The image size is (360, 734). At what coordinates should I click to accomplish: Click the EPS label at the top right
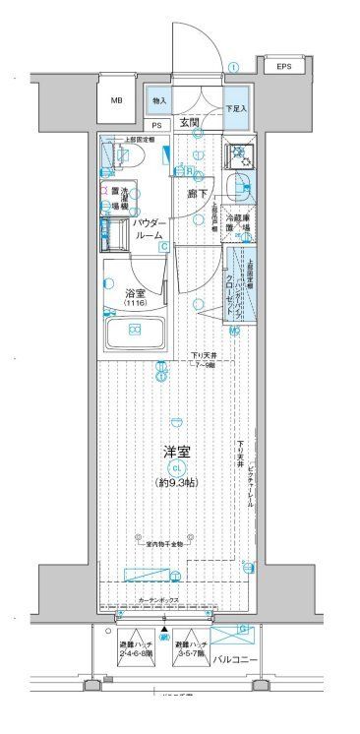point(283,67)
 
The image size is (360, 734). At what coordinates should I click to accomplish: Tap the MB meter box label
point(117,100)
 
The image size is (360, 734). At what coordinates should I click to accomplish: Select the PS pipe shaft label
point(156,125)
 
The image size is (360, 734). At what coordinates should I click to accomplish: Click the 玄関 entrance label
point(190,122)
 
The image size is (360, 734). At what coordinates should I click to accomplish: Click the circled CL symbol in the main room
point(177,468)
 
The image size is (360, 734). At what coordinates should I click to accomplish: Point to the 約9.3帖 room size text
point(177,483)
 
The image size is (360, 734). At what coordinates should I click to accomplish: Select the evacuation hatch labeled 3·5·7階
point(191,646)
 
